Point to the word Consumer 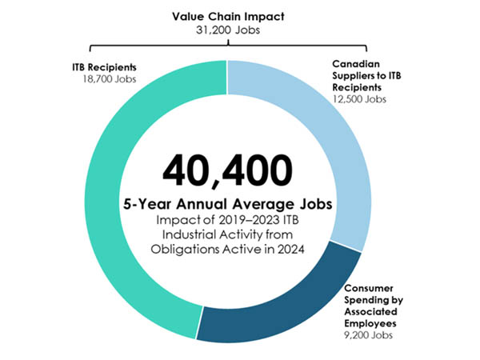pyautogui.click(x=370, y=288)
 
